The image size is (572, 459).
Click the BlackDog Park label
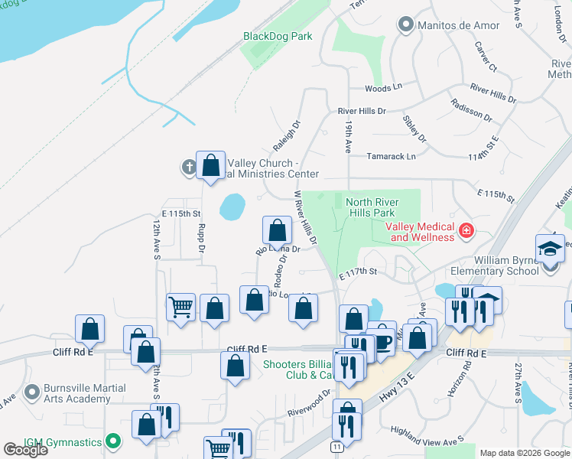pos(278,36)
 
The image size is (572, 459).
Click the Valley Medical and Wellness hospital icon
pos(465,230)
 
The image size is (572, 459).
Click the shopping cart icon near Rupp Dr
pos(180,308)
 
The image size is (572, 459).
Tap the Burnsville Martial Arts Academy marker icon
pos(31,392)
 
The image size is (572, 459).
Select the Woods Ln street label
pos(383,88)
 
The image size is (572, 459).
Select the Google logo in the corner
pos(25,450)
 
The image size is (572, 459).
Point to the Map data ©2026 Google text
pos(524,453)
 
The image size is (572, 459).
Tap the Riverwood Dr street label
pos(309,392)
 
